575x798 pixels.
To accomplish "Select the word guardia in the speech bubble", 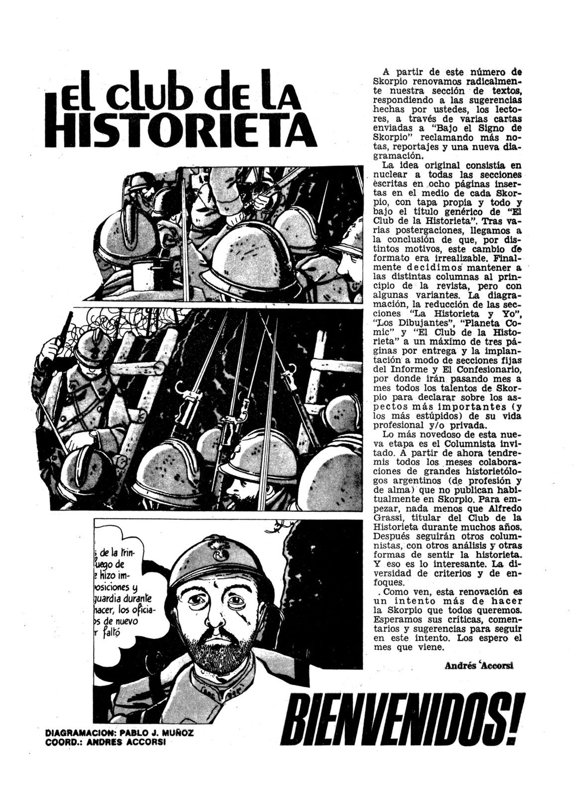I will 115,598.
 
